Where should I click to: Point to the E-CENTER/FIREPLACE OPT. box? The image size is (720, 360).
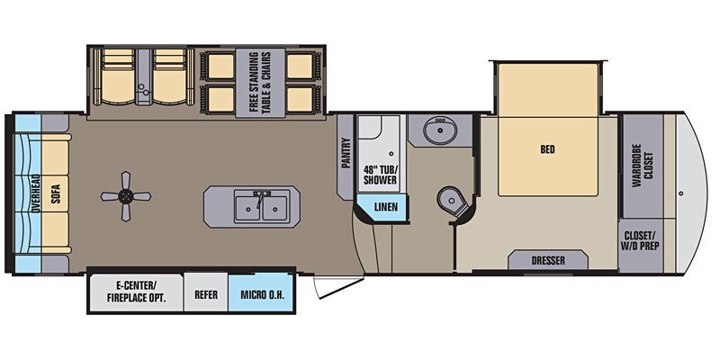134,292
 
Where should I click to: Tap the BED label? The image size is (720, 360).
547,150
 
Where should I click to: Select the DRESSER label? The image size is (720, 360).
548,261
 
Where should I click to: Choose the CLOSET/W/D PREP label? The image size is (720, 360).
643,244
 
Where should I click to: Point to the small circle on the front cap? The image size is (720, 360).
681,192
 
